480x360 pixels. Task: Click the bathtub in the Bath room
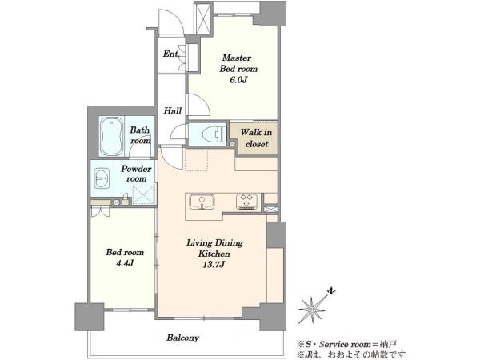tap(112, 136)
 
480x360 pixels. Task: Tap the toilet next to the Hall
tap(214, 134)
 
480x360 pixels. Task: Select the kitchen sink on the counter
tap(202, 202)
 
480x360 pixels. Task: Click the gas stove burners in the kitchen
tap(246, 202)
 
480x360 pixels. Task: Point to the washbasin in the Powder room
tap(102, 178)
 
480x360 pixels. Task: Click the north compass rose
tap(312, 310)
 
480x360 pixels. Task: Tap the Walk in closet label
tap(256, 138)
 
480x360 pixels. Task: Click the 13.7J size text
tap(214, 265)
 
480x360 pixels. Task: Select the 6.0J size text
tap(238, 80)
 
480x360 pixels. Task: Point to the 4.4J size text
tap(125, 263)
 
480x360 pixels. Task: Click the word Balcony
tap(182, 338)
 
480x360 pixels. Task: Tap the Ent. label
tap(171, 54)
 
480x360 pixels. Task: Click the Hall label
tap(172, 110)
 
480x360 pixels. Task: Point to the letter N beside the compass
tap(331, 290)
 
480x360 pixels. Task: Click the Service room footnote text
tap(347, 344)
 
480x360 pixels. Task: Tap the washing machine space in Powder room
tap(144, 194)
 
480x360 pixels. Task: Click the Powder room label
tap(136, 174)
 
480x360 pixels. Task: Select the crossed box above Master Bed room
tap(203, 18)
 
